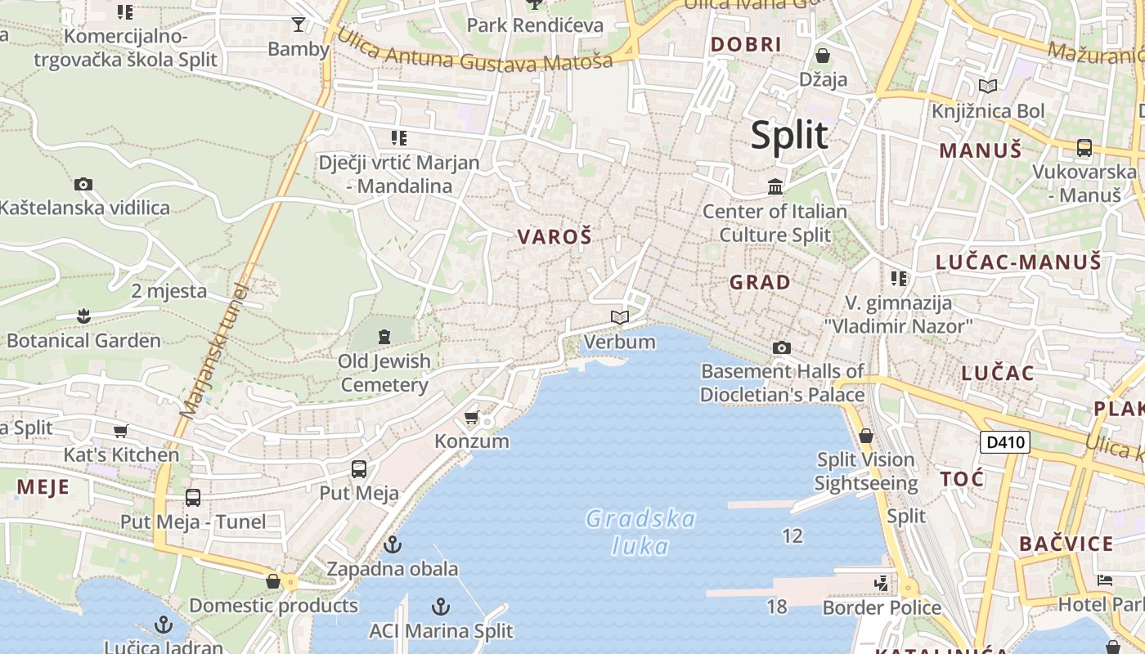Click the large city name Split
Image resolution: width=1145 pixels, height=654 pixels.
(789, 135)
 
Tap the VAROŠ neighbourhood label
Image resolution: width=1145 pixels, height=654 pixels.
(554, 237)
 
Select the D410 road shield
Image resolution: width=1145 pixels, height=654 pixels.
(1004, 443)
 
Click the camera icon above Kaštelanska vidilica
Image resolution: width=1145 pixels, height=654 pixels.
(83, 184)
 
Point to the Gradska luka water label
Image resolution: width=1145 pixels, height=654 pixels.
(640, 532)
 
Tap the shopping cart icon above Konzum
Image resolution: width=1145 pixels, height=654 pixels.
(471, 418)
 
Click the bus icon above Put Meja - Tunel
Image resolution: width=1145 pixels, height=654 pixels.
(193, 497)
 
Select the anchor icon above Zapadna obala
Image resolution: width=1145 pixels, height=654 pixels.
(393, 544)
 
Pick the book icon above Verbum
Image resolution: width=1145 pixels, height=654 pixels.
(620, 318)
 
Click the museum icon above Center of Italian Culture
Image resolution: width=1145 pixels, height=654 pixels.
(775, 187)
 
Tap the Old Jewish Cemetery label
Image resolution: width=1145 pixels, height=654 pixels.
(384, 373)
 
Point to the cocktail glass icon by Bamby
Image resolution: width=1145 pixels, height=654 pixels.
(299, 25)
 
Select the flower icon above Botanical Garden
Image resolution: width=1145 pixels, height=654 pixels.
(83, 316)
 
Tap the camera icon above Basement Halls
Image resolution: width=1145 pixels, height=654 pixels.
(781, 348)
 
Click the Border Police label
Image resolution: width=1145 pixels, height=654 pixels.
(882, 607)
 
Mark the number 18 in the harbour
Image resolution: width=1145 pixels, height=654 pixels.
(776, 606)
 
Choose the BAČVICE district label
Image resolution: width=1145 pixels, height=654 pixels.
(1066, 544)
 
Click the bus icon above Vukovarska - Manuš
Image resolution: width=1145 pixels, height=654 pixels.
(1084, 148)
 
